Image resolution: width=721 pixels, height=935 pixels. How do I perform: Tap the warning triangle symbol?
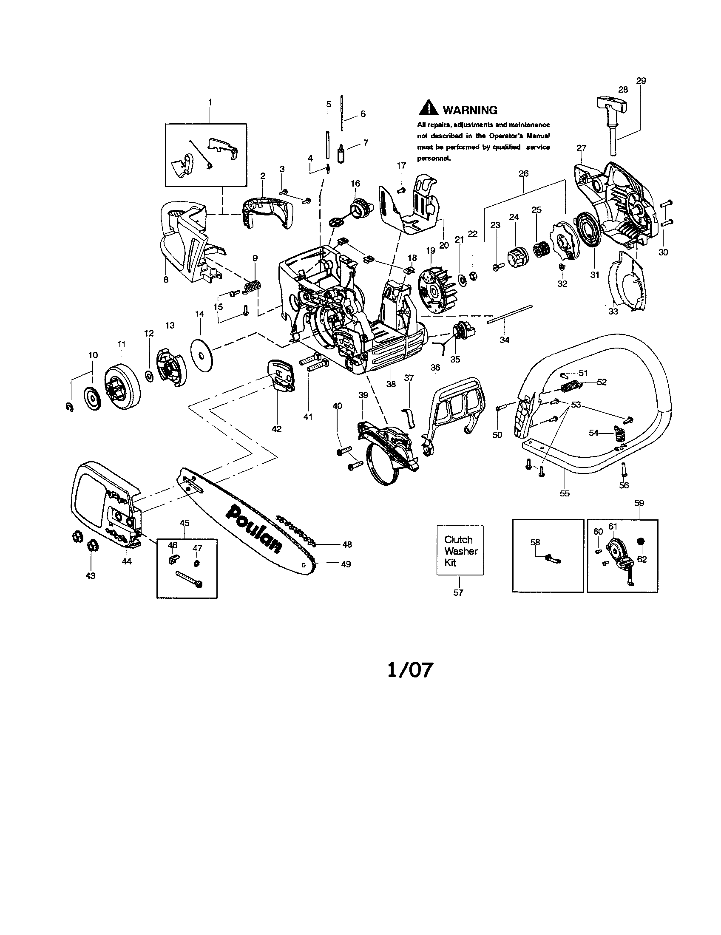[x=428, y=108]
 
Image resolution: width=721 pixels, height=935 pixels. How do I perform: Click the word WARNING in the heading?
[x=470, y=110]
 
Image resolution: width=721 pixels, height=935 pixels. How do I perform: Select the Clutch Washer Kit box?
[x=460, y=550]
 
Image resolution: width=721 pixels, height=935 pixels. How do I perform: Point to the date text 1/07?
[x=410, y=669]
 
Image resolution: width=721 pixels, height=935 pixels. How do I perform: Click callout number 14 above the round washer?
[x=199, y=314]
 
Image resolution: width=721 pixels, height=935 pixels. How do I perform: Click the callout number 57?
[x=458, y=592]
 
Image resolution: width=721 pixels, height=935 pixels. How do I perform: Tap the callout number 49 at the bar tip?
[x=346, y=564]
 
